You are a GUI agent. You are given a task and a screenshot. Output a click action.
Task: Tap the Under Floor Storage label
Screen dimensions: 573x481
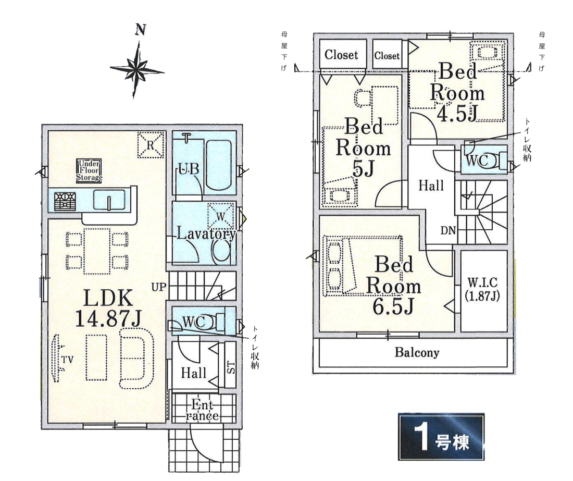click(89, 170)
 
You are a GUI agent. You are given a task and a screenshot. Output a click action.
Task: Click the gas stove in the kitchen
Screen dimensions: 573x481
click(65, 201)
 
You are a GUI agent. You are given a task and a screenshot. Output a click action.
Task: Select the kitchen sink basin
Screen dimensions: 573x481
click(109, 200)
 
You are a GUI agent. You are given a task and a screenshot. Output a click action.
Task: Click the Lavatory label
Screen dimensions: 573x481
click(206, 233)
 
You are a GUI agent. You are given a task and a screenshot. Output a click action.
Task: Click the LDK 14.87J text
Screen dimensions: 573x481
click(108, 308)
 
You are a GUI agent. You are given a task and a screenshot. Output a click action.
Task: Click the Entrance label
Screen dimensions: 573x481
click(203, 410)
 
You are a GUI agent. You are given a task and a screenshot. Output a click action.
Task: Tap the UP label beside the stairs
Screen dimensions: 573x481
click(159, 287)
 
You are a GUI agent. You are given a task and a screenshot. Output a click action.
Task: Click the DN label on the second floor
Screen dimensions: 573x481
click(449, 230)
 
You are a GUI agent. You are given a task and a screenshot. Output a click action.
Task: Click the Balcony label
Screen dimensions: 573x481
click(417, 352)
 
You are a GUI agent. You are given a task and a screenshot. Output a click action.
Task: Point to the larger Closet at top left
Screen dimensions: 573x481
click(342, 54)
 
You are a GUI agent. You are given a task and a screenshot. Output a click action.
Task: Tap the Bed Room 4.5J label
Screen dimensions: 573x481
click(457, 92)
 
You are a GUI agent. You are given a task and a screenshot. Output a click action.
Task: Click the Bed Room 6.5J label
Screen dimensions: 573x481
click(394, 286)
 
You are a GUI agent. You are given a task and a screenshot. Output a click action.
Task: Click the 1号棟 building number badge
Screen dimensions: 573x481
click(441, 437)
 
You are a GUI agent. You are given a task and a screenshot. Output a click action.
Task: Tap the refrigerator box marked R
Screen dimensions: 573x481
click(151, 145)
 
